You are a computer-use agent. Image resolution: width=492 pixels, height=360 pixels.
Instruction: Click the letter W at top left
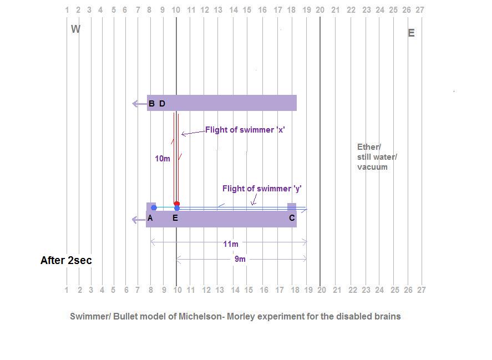[x=75, y=29]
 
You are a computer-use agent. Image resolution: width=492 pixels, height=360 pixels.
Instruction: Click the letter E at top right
[x=411, y=33]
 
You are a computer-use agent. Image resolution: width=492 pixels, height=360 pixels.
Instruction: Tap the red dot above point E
[x=177, y=204]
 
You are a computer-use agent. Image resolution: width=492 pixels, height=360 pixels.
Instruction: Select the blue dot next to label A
[x=154, y=207]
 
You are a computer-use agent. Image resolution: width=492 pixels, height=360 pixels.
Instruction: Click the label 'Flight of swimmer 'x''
[x=245, y=130]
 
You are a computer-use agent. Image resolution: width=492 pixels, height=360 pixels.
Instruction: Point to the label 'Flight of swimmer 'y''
[x=262, y=189]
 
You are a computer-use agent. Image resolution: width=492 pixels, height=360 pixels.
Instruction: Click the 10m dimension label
[x=162, y=159]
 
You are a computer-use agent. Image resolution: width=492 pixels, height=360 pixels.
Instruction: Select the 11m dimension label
[x=231, y=244]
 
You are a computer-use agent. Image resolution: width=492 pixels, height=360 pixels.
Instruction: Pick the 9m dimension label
[x=240, y=259]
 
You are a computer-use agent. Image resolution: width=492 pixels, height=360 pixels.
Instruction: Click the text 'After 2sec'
[x=66, y=260]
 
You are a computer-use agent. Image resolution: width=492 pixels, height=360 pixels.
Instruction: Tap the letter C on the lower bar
[x=292, y=218]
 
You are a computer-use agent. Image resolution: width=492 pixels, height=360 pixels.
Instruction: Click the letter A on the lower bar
[x=150, y=218]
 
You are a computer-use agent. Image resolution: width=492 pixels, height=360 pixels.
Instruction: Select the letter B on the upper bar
[x=151, y=104]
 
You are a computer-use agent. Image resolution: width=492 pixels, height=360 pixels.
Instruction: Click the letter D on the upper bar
[x=162, y=104]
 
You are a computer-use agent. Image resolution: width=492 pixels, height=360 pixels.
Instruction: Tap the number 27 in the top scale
[x=420, y=10]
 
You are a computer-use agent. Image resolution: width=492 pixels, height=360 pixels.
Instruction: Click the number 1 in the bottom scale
[x=67, y=290]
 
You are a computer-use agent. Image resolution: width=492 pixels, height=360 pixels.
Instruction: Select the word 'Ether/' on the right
[x=369, y=147]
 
